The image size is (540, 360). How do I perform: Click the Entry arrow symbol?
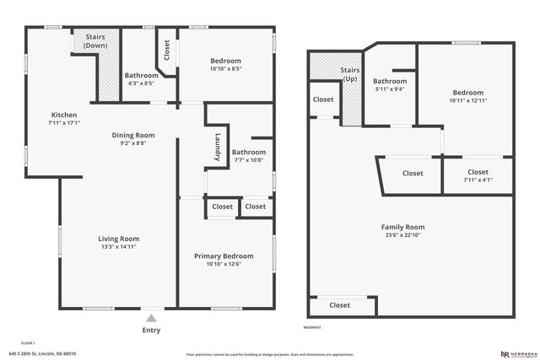click(151, 318)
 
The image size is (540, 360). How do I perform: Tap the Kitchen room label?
click(64, 116)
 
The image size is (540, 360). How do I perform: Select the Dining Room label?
click(133, 135)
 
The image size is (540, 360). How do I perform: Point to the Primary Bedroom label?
click(224, 256)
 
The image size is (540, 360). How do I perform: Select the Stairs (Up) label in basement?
click(350, 73)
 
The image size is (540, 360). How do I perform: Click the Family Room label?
click(402, 227)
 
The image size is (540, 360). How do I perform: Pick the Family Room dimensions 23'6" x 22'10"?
click(402, 236)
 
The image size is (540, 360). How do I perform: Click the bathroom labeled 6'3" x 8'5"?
click(141, 79)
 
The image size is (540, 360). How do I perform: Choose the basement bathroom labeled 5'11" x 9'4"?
click(390, 85)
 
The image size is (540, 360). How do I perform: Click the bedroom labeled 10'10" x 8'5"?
click(225, 65)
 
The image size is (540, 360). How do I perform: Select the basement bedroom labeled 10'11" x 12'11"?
click(467, 97)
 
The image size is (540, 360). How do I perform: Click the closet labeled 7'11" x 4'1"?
click(478, 176)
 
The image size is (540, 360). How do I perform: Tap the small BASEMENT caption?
click(312, 327)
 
